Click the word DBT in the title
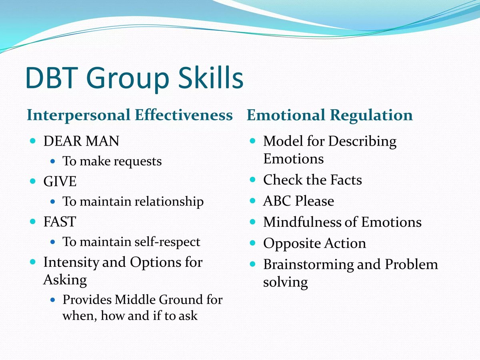click(x=52, y=78)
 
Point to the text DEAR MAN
click(x=81, y=141)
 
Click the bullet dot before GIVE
click(x=33, y=181)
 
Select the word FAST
click(x=60, y=222)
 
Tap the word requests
click(x=138, y=162)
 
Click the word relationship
click(x=169, y=201)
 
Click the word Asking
click(x=65, y=280)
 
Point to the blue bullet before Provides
click(x=53, y=300)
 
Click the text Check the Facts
click(x=312, y=180)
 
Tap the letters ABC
click(x=277, y=201)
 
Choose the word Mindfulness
click(x=302, y=222)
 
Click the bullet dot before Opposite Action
click(x=252, y=243)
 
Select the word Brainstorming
click(x=308, y=265)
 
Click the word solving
click(x=285, y=282)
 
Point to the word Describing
click(x=362, y=142)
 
